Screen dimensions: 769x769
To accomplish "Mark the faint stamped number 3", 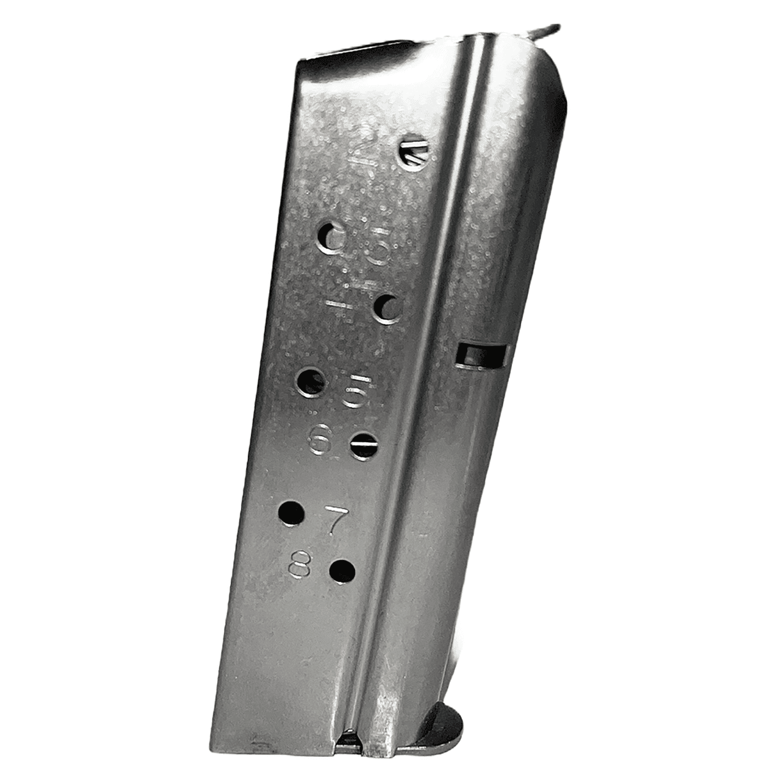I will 379,250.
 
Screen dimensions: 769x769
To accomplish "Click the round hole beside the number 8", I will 342,569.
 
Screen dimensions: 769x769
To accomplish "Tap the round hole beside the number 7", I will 292,513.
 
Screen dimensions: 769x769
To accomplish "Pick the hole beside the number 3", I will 331,239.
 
